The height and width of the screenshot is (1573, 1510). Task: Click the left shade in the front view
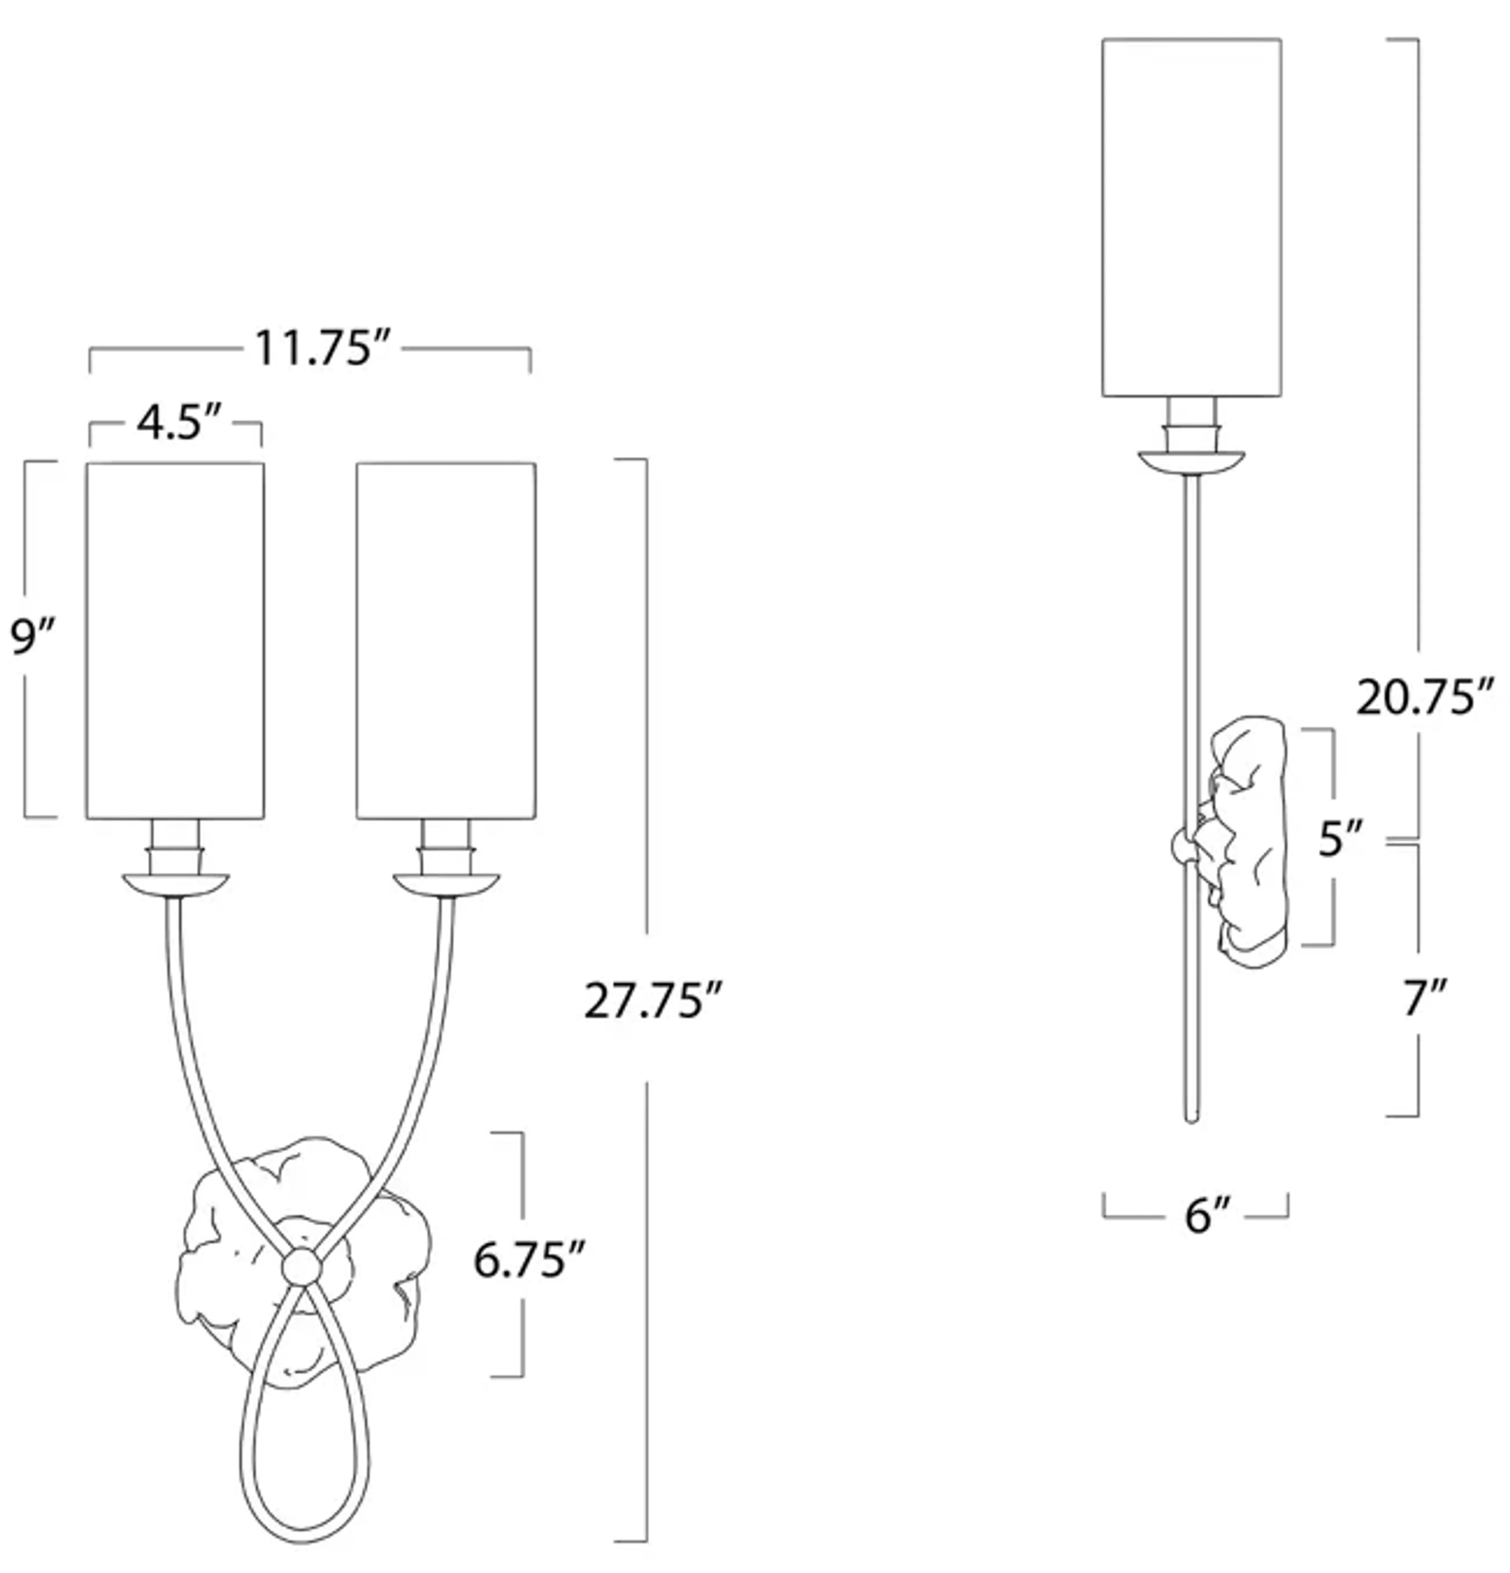[175, 641]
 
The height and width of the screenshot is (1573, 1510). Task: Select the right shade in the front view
[446, 641]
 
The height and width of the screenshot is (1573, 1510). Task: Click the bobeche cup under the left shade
[175, 884]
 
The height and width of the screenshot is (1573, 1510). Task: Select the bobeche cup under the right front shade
[446, 884]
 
